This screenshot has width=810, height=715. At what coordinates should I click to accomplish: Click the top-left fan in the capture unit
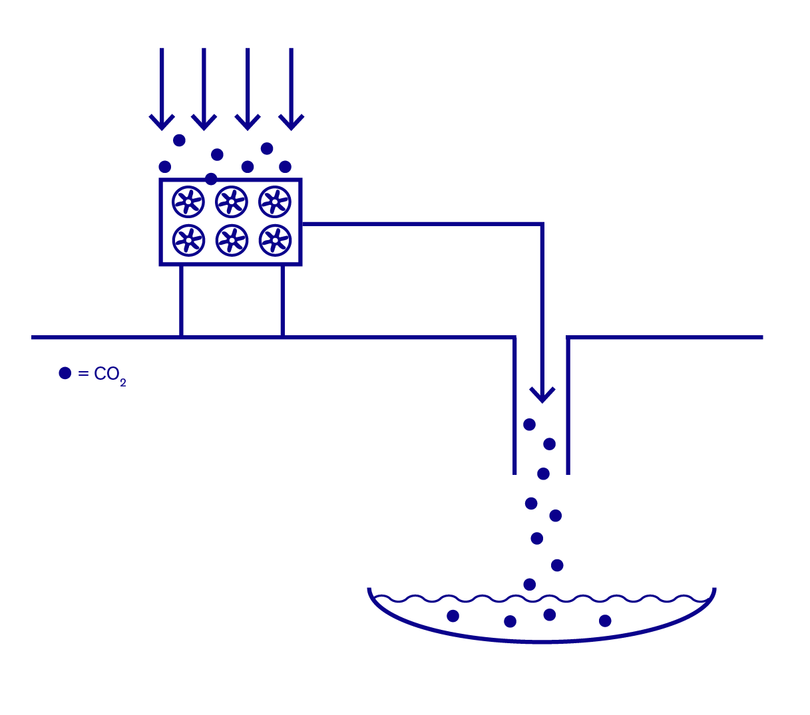tap(188, 202)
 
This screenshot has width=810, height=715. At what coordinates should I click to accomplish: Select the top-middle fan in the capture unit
tap(232, 202)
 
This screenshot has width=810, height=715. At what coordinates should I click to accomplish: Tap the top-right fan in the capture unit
tap(275, 202)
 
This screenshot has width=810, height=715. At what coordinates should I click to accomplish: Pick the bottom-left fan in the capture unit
tap(188, 241)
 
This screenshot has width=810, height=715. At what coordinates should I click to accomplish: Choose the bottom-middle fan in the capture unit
tap(232, 241)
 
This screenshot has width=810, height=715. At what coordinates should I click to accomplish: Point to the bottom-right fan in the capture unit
tap(275, 241)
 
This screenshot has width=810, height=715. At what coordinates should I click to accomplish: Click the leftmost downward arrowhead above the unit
tap(162, 122)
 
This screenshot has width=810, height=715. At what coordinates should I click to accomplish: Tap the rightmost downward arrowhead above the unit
tap(291, 122)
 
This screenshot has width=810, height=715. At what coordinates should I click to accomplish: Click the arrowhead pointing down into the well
tap(542, 395)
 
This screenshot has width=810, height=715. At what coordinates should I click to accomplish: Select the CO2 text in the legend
tap(110, 376)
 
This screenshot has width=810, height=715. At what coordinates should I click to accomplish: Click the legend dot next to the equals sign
tap(65, 373)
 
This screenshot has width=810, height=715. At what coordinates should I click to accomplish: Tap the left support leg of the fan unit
tap(181, 301)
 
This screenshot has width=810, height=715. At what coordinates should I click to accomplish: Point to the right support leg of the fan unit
tap(283, 301)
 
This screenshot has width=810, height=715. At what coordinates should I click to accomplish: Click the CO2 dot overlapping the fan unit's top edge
tap(211, 179)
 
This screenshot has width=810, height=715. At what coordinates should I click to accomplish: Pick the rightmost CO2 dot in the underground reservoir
tap(605, 621)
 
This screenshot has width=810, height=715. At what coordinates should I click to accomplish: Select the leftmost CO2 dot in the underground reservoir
tap(453, 616)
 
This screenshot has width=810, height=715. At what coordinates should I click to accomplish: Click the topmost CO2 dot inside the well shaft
tap(529, 424)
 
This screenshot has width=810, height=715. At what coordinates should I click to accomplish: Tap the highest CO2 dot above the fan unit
tap(179, 140)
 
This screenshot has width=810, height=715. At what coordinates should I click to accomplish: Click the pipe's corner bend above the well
tap(542, 224)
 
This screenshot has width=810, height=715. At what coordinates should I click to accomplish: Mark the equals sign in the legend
tap(83, 374)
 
